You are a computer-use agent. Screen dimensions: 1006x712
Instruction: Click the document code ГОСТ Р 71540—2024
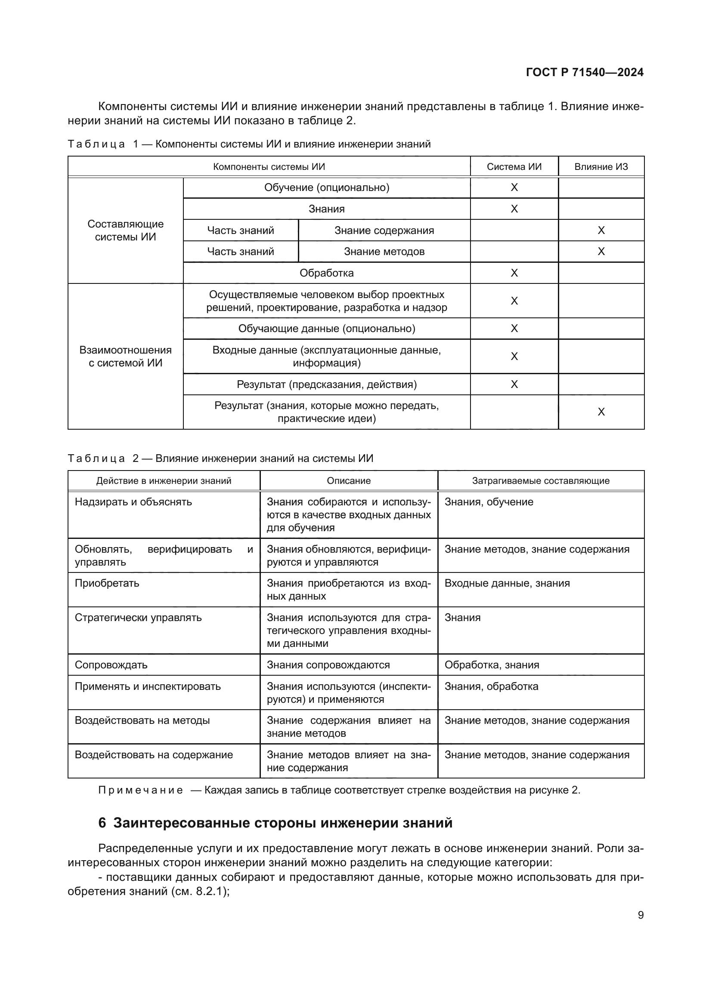(x=585, y=72)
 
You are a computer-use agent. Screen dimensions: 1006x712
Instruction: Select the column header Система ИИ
(x=514, y=167)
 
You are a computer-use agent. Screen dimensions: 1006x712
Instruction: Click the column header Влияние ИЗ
(x=601, y=167)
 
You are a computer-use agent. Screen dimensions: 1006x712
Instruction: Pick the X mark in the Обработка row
(x=514, y=273)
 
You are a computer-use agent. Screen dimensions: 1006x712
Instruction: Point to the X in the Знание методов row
(x=601, y=252)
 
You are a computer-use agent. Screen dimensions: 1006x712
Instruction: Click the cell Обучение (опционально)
(x=327, y=188)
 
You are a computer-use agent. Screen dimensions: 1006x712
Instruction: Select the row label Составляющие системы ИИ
(x=125, y=231)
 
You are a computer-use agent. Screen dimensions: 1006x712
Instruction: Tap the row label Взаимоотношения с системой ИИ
(x=125, y=356)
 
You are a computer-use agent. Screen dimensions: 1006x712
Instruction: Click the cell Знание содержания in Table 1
(x=384, y=231)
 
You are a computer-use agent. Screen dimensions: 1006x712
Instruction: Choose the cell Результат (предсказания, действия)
(x=327, y=384)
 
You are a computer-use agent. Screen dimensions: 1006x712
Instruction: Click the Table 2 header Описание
(x=349, y=481)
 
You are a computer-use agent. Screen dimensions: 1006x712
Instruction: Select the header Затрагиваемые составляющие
(x=541, y=481)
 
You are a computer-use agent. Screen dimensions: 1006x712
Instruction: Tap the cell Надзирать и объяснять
(x=133, y=501)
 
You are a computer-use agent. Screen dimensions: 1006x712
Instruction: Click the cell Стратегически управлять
(x=138, y=617)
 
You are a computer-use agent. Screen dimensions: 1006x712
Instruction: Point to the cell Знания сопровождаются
(x=328, y=665)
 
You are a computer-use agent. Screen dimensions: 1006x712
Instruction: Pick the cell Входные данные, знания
(x=507, y=583)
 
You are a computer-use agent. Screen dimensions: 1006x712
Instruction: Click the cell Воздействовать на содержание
(x=153, y=754)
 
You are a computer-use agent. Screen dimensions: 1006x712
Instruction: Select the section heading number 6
(x=102, y=823)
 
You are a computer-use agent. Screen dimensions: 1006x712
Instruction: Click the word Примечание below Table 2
(x=140, y=790)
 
